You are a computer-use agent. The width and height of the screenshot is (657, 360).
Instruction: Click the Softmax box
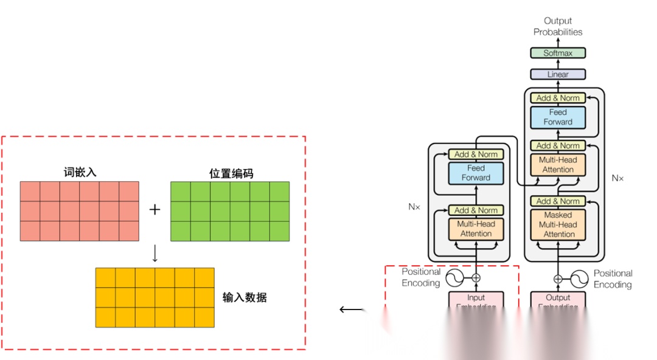click(x=558, y=53)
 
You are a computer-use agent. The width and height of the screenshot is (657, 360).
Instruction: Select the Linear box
click(x=558, y=74)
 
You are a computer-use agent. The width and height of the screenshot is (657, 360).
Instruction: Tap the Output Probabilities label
click(x=558, y=26)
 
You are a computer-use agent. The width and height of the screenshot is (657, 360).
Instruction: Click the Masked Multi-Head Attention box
click(x=558, y=224)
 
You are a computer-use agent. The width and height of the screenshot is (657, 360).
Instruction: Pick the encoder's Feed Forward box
click(x=476, y=173)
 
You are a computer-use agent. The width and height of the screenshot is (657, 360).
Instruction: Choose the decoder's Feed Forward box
click(x=558, y=117)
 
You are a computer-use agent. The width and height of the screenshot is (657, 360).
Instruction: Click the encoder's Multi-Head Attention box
click(x=476, y=229)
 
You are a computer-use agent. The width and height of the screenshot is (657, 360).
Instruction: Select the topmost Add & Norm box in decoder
click(x=558, y=97)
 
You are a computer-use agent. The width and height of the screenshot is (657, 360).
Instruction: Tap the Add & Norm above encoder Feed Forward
click(x=476, y=154)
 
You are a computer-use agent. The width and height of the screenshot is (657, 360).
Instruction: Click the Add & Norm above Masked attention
click(x=558, y=201)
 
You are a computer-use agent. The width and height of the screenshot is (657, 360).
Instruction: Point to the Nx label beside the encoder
click(x=414, y=207)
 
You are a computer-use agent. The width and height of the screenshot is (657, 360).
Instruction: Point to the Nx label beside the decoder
click(x=617, y=179)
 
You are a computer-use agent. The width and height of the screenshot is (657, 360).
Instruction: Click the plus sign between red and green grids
click(x=155, y=210)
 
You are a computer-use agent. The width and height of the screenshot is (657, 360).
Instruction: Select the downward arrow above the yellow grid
click(x=155, y=254)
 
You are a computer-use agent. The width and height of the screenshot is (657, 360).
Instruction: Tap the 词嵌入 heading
click(x=80, y=172)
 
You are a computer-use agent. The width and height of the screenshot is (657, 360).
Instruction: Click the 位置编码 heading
click(x=227, y=173)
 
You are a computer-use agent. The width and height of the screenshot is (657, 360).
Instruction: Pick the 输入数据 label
click(x=245, y=297)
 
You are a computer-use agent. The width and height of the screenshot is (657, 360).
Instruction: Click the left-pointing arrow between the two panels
click(x=351, y=310)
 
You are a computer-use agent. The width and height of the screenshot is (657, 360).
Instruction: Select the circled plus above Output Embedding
click(x=558, y=279)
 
